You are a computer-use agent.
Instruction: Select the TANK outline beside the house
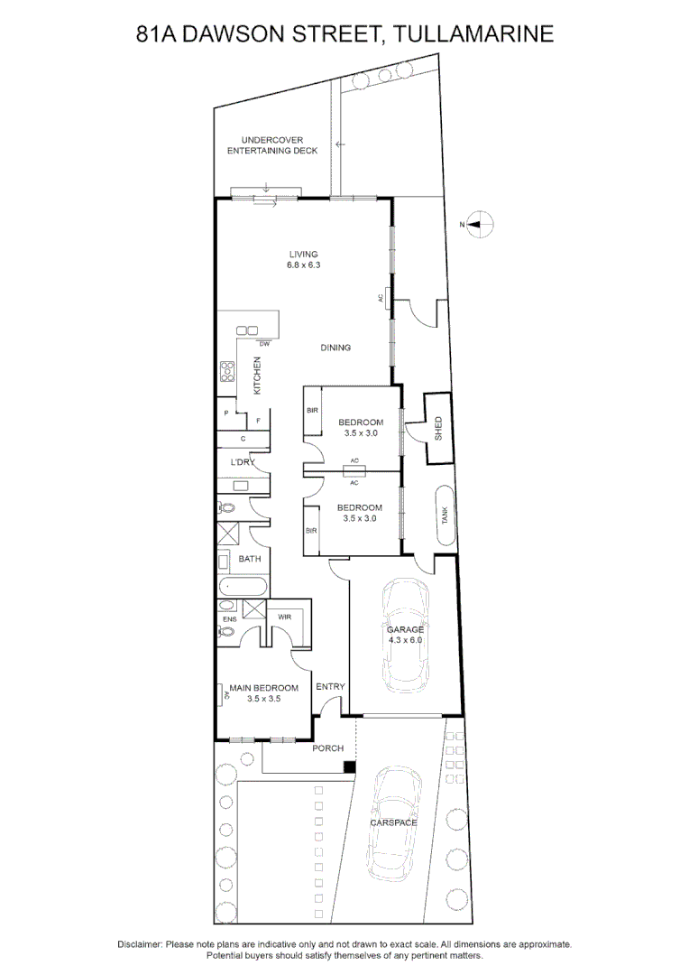tap(445, 516)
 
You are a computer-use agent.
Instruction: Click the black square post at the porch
tap(349, 767)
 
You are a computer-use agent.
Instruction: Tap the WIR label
tap(285, 617)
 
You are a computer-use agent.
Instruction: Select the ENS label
tap(229, 619)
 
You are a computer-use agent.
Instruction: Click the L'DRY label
tap(243, 462)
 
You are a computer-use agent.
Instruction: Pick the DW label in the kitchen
tap(264, 344)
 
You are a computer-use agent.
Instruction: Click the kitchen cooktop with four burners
tap(227, 371)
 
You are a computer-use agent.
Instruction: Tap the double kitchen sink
tap(248, 330)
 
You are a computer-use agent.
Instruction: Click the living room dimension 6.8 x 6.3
tap(304, 265)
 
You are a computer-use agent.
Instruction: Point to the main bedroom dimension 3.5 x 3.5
tap(263, 699)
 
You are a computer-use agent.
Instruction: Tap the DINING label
tap(335, 348)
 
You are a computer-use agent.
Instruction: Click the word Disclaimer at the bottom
tap(141, 943)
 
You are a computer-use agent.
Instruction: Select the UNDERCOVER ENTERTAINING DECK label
tap(271, 145)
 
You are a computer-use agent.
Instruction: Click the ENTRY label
tap(330, 687)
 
